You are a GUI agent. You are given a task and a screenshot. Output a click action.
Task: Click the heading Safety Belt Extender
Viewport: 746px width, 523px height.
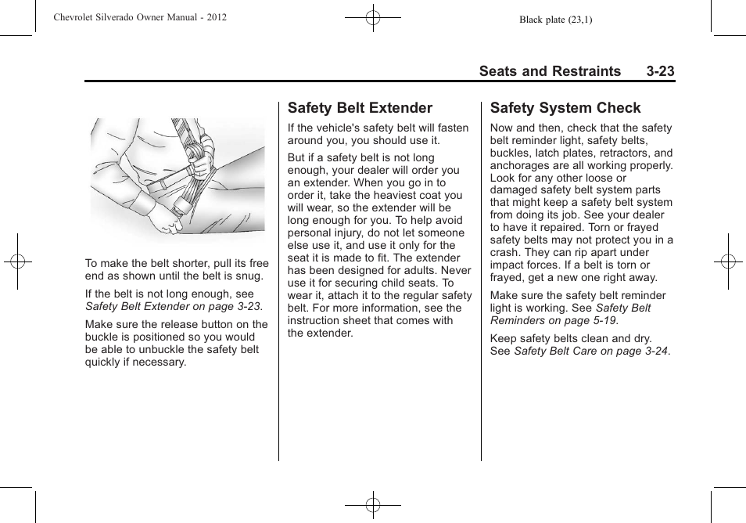[360, 108]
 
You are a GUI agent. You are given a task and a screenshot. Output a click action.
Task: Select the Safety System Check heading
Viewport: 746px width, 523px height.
[565, 108]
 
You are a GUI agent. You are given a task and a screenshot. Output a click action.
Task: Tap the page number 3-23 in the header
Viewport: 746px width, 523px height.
[660, 71]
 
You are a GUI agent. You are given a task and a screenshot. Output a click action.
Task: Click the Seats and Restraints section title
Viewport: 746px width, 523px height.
[550, 71]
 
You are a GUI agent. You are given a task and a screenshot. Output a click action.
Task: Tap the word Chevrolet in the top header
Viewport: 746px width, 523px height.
[77, 16]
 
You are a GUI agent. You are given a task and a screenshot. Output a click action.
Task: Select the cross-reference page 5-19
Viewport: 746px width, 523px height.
[602, 320]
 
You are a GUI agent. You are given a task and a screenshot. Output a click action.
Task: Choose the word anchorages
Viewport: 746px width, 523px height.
[520, 165]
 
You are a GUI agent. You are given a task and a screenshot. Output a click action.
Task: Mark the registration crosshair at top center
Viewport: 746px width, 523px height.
[373, 16]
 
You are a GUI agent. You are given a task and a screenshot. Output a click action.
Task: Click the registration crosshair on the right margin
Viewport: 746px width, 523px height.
[727, 261]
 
